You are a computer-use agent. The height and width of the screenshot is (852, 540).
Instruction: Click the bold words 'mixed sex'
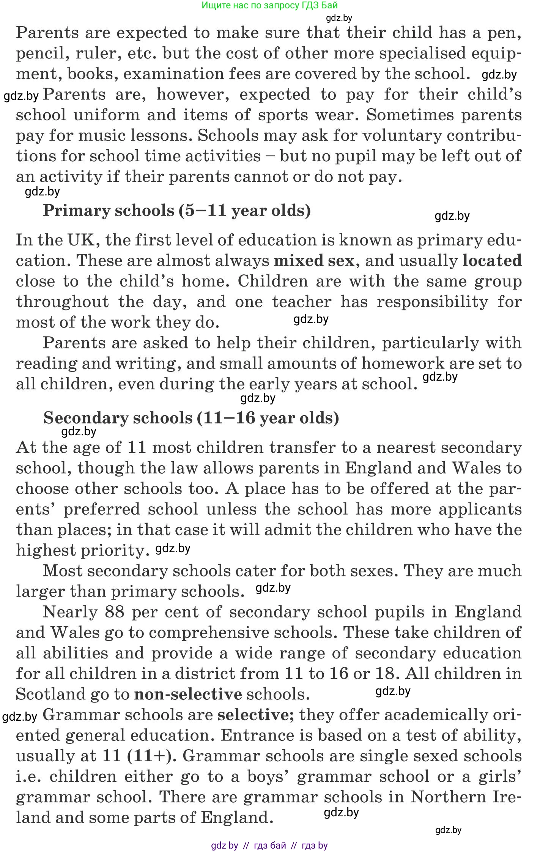(314, 261)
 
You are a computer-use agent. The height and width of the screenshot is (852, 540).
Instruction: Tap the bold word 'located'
(492, 261)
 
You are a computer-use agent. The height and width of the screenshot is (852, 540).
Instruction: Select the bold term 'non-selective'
(188, 694)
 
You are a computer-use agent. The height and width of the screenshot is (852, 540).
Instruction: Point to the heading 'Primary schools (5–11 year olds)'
(177, 210)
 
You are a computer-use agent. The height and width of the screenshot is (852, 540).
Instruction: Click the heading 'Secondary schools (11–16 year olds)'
(191, 418)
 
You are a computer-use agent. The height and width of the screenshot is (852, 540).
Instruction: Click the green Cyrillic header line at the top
(269, 5)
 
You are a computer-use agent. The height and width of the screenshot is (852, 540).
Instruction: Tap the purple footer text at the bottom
(269, 845)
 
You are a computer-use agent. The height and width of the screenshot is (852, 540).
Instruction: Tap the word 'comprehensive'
(213, 633)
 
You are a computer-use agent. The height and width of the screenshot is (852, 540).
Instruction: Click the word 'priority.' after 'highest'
(115, 550)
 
